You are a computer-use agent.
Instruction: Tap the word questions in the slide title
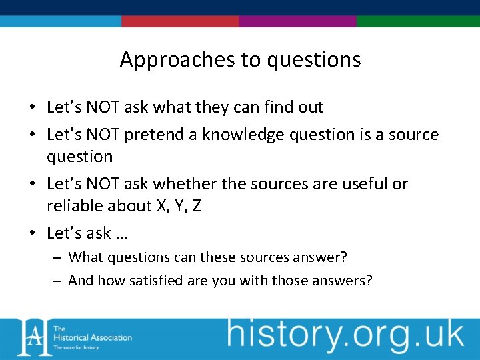coord(314,60)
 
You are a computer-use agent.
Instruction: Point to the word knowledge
coord(245,135)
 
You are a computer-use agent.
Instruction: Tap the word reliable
coord(73,206)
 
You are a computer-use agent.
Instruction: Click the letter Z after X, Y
coord(196,206)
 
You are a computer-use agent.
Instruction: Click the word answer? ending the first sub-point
coord(326,257)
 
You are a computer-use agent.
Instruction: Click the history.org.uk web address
coord(345,334)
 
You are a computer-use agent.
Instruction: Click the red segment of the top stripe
coord(180,21)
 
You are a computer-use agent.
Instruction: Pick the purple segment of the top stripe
coord(297,21)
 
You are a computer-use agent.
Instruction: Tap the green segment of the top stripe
coord(418,21)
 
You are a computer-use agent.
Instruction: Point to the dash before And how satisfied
coord(58,281)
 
